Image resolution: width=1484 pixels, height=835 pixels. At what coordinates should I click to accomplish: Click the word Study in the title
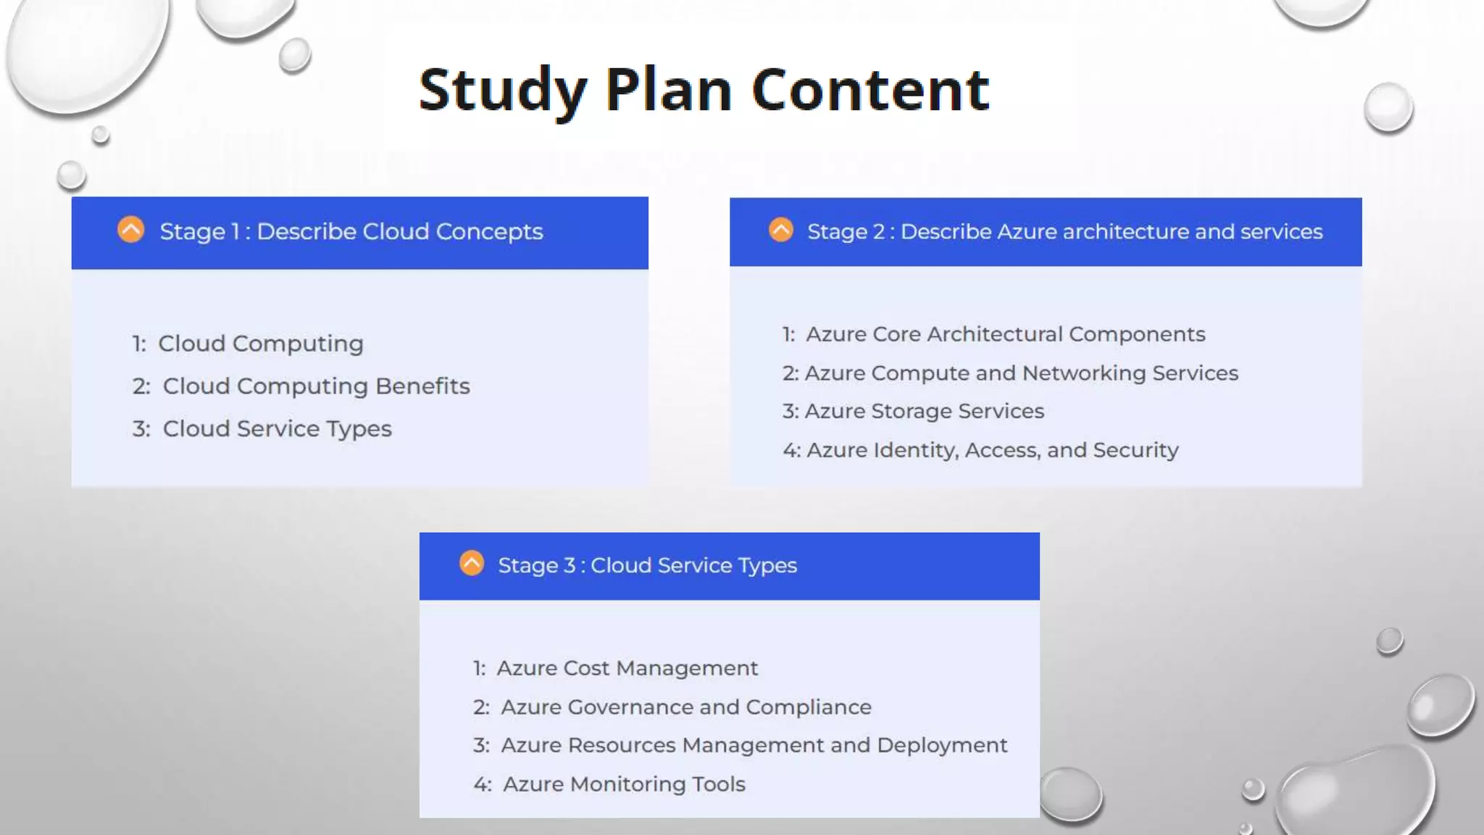click(x=502, y=90)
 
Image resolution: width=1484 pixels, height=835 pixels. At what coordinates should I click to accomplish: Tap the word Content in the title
click(x=870, y=90)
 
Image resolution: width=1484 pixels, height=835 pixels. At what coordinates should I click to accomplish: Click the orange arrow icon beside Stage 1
click(x=131, y=230)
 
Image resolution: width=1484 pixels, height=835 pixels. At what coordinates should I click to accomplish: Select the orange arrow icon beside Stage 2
click(x=781, y=230)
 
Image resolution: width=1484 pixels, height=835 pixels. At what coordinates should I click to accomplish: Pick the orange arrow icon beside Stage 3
click(x=472, y=563)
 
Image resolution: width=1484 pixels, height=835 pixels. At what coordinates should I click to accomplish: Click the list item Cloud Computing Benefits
click(x=316, y=386)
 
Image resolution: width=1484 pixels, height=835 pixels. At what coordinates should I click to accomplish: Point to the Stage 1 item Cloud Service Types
click(x=277, y=429)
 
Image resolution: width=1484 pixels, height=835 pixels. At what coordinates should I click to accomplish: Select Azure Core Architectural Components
click(x=1005, y=334)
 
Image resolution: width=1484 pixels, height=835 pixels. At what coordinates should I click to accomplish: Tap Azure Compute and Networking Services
click(x=1021, y=373)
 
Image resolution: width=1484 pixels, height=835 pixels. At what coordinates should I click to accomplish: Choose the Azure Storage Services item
click(x=924, y=412)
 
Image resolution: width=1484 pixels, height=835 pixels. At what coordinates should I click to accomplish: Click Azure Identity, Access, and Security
click(x=992, y=450)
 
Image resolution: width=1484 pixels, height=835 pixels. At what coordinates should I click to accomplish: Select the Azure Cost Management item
click(x=627, y=668)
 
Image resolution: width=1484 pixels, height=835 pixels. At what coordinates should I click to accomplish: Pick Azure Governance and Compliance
click(x=685, y=707)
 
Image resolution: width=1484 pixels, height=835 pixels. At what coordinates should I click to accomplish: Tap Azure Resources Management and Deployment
click(x=754, y=746)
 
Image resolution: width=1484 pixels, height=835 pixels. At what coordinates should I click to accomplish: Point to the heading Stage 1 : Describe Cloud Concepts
click(x=351, y=232)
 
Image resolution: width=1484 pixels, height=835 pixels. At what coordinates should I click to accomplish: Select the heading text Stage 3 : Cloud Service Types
click(x=647, y=565)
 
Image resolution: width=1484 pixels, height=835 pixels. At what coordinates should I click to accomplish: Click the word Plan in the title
click(x=668, y=90)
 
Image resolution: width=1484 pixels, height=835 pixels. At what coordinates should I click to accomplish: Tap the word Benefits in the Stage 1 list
click(x=422, y=386)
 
